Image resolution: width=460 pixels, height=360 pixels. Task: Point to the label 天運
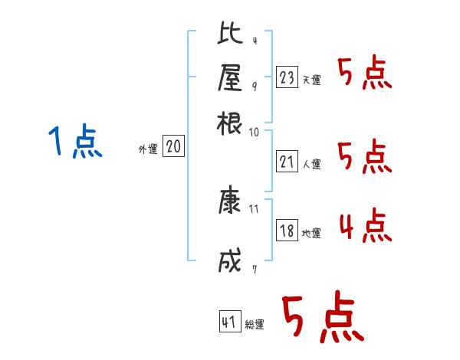click(311, 80)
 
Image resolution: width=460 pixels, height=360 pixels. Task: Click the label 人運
click(311, 164)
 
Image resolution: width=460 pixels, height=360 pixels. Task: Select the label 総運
click(255, 325)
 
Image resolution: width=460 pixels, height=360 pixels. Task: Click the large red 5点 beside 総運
click(323, 319)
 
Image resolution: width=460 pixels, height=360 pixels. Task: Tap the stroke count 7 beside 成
click(254, 269)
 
